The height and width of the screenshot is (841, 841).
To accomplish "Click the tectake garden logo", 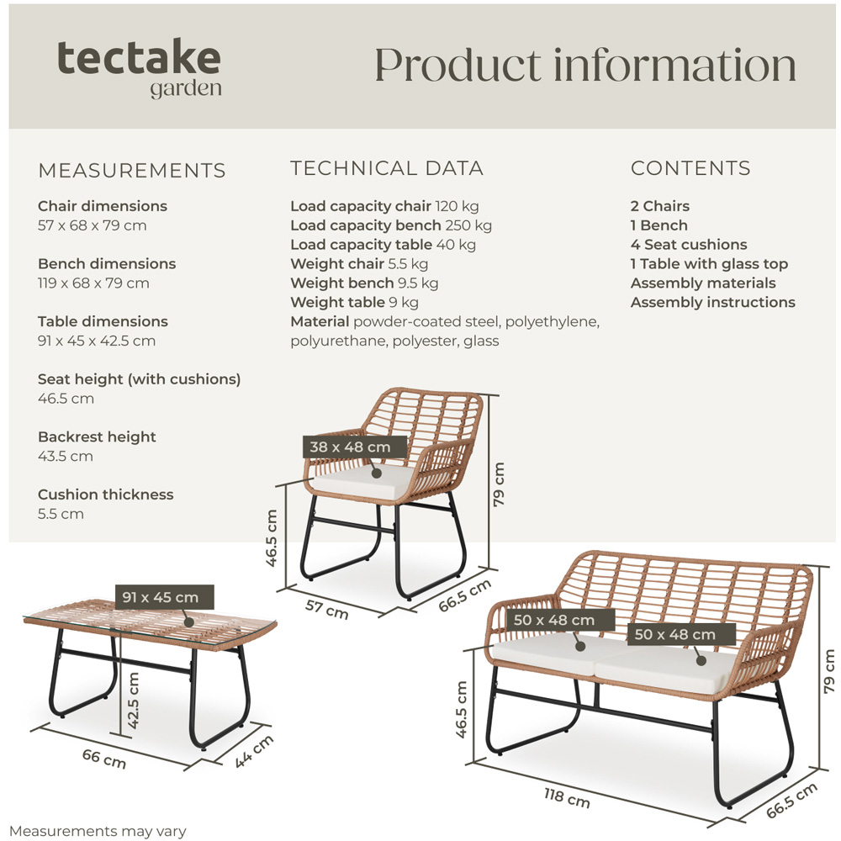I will coord(139,67).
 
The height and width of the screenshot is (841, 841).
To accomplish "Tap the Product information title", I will coord(584,65).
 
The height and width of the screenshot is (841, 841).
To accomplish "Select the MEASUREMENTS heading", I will coord(132,171).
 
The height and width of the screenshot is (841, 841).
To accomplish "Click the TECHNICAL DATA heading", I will coord(387,168).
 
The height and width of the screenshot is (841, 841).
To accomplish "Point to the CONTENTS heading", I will coord(690,168).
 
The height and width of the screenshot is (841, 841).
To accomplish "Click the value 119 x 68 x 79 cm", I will coord(93,283).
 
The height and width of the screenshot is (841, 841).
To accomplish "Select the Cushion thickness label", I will coord(106,495).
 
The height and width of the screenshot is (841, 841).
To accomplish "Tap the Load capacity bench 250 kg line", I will coord(391,225).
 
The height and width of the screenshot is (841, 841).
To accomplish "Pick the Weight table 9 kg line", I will coord(354,303).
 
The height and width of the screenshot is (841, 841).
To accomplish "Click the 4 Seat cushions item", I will coord(689,245).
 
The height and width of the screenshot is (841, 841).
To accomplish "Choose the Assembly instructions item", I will coord(712,303).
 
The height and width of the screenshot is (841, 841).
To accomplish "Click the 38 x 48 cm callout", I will coord(350,447).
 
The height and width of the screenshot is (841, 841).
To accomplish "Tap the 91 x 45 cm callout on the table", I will coord(161,598).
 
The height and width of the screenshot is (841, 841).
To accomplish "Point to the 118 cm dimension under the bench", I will coord(567,798).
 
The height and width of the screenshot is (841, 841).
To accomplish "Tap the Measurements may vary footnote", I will coord(98,832).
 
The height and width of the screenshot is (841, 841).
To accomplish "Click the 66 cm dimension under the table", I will coord(103,759).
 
